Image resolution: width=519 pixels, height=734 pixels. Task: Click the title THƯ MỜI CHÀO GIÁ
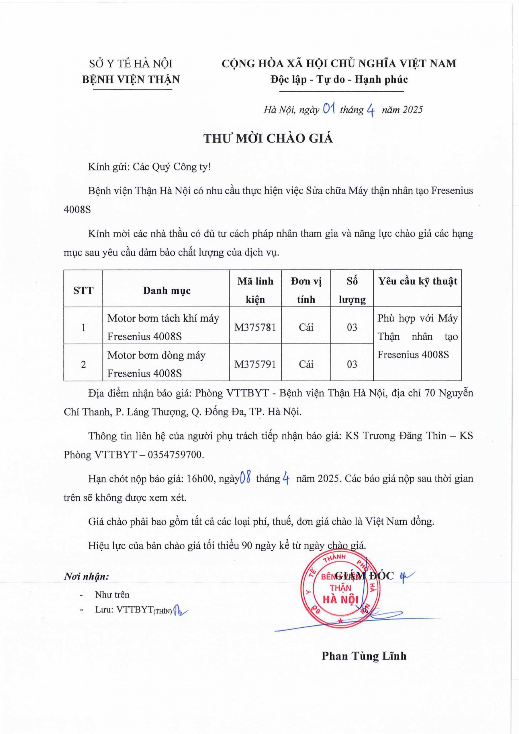268,138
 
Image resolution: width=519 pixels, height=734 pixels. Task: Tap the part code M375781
255,327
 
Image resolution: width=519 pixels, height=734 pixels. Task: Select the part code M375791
255,364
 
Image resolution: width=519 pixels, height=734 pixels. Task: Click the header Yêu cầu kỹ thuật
418,281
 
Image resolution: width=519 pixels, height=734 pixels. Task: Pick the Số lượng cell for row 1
352,327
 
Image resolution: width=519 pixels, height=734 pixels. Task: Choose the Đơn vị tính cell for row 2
306,364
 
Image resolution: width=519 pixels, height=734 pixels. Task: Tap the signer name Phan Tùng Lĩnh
364,656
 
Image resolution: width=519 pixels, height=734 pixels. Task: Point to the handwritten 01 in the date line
329,109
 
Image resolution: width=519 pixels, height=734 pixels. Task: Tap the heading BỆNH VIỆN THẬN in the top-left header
131,79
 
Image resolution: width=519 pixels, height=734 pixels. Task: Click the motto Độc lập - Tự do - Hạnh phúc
339,79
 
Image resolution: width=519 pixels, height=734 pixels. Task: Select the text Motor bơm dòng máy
156,355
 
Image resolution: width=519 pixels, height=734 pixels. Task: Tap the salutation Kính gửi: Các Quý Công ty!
150,167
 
